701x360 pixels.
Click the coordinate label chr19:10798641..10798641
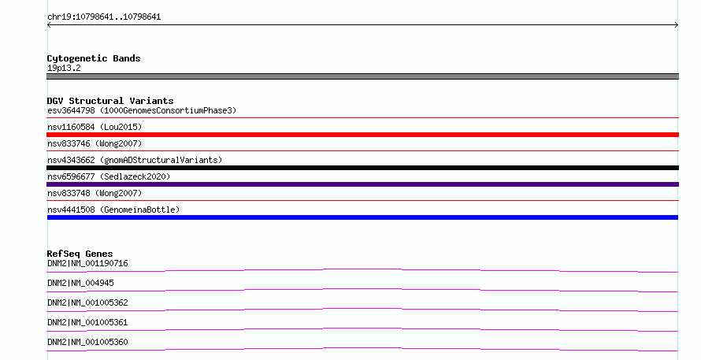click(x=104, y=17)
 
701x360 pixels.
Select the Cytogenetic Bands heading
click(x=94, y=58)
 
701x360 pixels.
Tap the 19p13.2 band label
click(x=64, y=68)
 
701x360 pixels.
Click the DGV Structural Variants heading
click(x=110, y=101)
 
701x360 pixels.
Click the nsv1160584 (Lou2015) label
click(x=95, y=127)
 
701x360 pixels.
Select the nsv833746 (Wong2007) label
click(x=95, y=143)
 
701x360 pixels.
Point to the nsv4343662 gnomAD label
click(x=135, y=160)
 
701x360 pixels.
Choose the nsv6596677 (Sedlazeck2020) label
click(x=109, y=176)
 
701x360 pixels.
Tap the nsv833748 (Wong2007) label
click(x=95, y=193)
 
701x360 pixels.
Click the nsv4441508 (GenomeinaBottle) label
click(x=113, y=210)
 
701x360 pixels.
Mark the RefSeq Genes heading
click(x=80, y=254)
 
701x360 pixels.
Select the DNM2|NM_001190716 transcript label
click(x=87, y=263)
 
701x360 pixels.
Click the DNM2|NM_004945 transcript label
click(x=80, y=283)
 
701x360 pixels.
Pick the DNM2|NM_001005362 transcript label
click(x=87, y=302)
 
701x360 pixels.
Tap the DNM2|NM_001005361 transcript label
click(x=87, y=322)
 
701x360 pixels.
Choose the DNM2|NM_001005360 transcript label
click(x=87, y=342)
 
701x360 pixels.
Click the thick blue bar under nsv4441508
click(x=362, y=217)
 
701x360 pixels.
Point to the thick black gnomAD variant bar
click(x=362, y=168)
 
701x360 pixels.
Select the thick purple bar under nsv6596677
click(x=362, y=184)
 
